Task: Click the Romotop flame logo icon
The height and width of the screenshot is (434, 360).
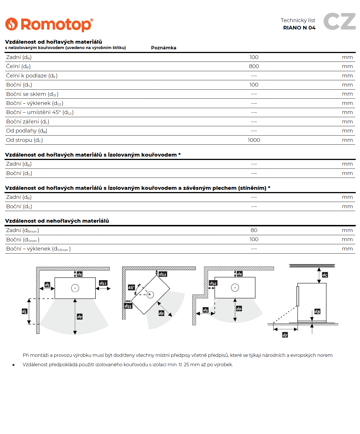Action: point(11,24)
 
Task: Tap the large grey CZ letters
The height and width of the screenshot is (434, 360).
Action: point(339,21)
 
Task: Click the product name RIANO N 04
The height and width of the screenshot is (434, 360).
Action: point(299,28)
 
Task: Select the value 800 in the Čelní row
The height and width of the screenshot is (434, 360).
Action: point(254,66)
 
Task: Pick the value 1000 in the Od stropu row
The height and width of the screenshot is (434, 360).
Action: point(254,140)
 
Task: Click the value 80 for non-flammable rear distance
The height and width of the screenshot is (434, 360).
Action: point(254,230)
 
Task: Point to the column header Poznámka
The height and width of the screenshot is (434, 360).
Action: point(164,48)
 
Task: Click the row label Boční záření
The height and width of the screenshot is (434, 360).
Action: point(28,122)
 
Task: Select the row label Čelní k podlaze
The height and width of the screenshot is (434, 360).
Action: point(32,76)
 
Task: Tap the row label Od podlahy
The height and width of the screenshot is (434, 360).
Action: point(27,131)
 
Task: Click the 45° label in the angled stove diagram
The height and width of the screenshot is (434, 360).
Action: point(131,287)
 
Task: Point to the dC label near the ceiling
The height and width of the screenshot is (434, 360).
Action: point(325,275)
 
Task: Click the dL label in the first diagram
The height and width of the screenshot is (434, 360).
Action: point(25,311)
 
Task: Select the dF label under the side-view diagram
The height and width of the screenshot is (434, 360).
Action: point(285,335)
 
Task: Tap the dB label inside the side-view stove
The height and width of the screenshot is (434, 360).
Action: point(317,312)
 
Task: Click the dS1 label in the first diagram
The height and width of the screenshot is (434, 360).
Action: point(103,283)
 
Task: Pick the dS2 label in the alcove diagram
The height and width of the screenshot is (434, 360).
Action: point(213,283)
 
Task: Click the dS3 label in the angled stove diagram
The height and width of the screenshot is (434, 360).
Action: point(128,306)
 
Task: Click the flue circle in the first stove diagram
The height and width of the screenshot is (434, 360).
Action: point(75,288)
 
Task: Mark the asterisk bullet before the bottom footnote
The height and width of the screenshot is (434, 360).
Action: point(13,365)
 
